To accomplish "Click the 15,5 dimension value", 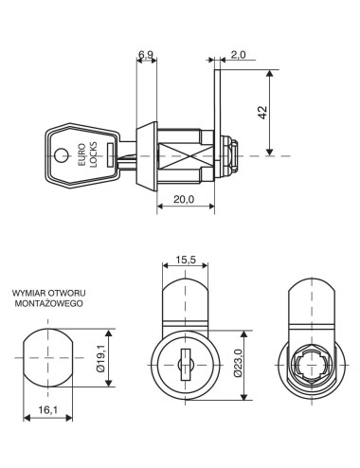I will [186, 259].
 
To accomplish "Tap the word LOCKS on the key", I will [95, 153].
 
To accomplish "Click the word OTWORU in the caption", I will [68, 295].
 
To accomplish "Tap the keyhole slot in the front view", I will [186, 360].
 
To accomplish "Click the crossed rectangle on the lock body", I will [182, 154].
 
